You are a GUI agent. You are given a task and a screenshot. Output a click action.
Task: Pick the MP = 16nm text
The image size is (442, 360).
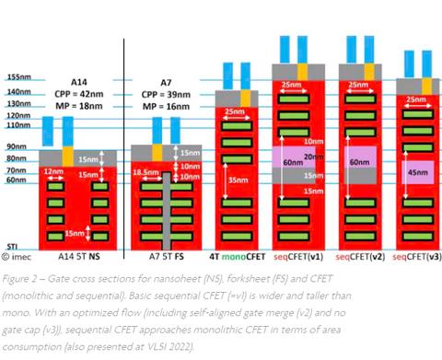coord(162,106)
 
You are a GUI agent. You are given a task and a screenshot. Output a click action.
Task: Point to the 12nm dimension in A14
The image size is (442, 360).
coord(53,171)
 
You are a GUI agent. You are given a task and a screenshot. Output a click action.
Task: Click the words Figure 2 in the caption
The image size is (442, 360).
coord(24,275)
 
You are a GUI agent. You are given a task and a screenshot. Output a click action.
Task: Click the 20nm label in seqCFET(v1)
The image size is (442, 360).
coord(315,156)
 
